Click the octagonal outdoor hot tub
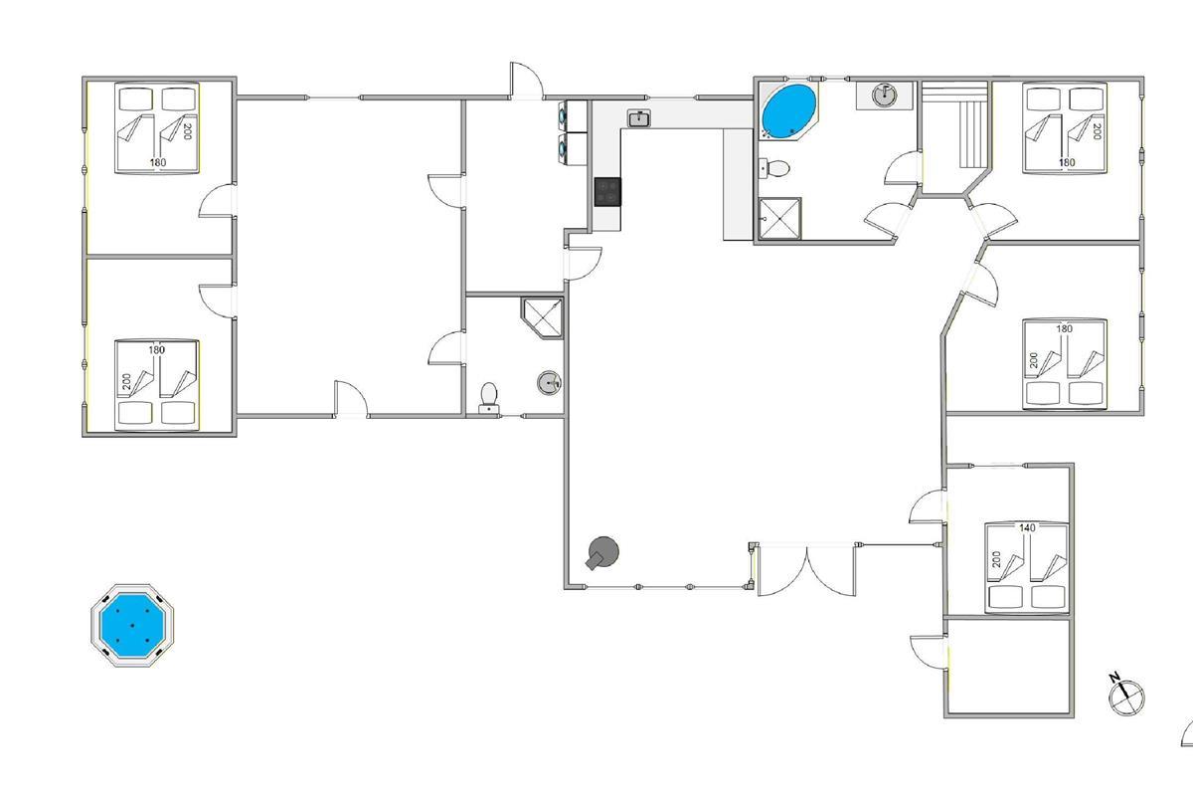[132, 625]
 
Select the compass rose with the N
[1125, 696]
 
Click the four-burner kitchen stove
[607, 192]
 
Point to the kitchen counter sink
[638, 118]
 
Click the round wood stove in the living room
[603, 552]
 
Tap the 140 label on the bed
[1027, 527]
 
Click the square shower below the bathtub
[779, 219]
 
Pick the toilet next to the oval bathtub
[774, 168]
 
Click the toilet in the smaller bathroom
[488, 398]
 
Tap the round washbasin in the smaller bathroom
[549, 382]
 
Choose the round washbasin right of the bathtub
[884, 96]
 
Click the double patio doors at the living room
[806, 569]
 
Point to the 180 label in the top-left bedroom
[158, 162]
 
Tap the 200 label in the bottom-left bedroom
[126, 381]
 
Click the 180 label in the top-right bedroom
[1067, 162]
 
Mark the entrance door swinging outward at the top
[526, 80]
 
